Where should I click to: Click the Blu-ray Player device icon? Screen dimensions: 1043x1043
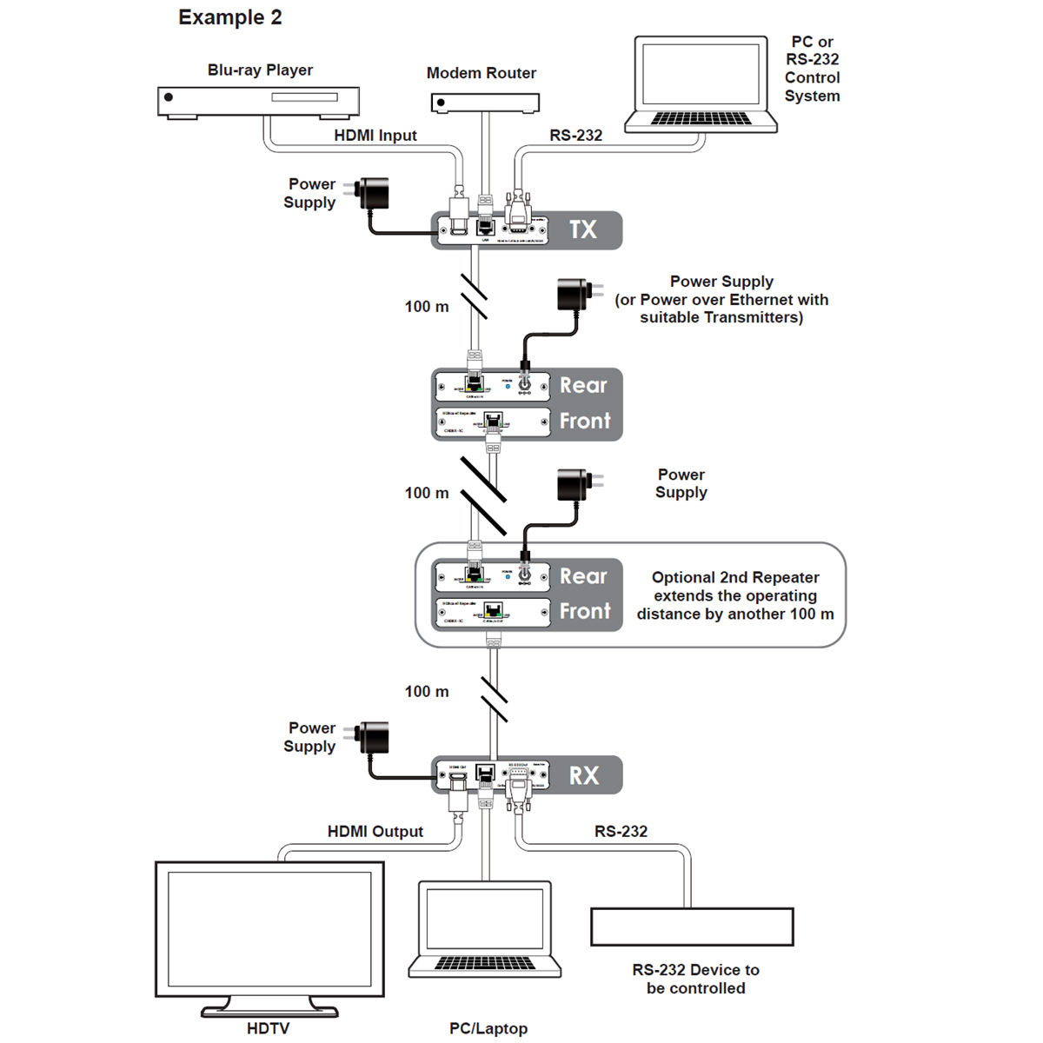pyautogui.click(x=258, y=101)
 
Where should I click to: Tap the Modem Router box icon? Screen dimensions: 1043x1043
pyautogui.click(x=484, y=103)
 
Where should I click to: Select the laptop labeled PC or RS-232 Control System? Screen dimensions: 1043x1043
pyautogui.click(x=701, y=84)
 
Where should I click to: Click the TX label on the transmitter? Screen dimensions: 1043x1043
pyautogui.click(x=583, y=230)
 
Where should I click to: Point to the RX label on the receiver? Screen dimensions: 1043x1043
pyautogui.click(x=584, y=775)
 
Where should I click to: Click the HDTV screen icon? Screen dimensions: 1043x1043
pyautogui.click(x=269, y=930)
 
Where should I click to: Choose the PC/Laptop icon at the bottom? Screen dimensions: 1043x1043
pyautogui.click(x=485, y=930)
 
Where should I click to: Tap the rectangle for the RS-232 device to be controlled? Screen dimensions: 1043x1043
pyautogui.click(x=692, y=927)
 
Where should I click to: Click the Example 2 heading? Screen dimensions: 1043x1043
pyautogui.click(x=230, y=17)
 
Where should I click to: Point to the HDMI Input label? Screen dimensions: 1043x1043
pyautogui.click(x=375, y=136)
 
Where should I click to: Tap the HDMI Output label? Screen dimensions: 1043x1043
pyautogui.click(x=375, y=832)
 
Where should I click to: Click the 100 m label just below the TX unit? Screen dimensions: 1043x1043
pyautogui.click(x=427, y=307)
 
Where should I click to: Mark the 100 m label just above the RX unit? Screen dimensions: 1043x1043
pyautogui.click(x=427, y=692)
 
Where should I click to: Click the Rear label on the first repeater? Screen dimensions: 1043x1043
pyautogui.click(x=583, y=385)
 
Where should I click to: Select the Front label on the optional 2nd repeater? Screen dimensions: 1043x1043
pyautogui.click(x=585, y=611)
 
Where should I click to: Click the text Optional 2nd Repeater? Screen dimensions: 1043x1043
pyautogui.click(x=735, y=578)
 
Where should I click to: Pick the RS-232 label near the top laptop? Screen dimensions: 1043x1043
pyautogui.click(x=575, y=136)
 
